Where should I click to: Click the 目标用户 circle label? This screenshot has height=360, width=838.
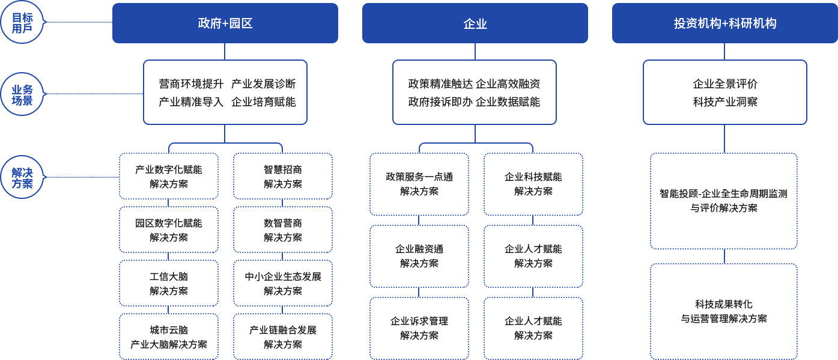[x=22, y=22]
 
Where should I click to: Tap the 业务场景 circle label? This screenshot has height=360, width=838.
[x=22, y=94]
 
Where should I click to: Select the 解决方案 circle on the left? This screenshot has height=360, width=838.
[x=22, y=177]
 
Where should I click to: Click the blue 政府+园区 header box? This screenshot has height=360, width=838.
[x=225, y=23]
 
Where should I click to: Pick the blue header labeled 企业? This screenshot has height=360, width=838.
[x=475, y=23]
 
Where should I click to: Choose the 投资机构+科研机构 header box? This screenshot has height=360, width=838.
[x=725, y=23]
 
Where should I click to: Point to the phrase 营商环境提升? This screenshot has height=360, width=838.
[x=191, y=84]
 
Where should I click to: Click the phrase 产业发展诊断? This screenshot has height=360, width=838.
[x=263, y=84]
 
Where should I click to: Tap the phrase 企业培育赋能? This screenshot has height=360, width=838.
[x=263, y=102]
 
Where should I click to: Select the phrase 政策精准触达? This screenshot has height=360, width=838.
[x=440, y=84]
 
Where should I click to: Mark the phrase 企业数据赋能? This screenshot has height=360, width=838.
[x=508, y=102]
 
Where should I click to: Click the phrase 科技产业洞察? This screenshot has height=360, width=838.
[x=725, y=102]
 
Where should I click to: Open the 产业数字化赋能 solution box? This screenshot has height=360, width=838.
[x=169, y=176]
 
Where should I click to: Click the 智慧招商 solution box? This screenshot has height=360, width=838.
[x=283, y=176]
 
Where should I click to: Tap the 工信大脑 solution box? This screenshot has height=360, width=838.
[x=169, y=283]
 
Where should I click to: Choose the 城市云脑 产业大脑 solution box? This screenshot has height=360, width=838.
[x=169, y=337]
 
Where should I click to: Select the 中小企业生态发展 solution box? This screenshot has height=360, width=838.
[x=283, y=283]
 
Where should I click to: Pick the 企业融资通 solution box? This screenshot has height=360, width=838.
[x=419, y=257]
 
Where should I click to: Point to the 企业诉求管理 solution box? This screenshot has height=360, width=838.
[x=419, y=329]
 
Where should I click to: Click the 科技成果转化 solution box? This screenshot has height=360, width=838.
[x=724, y=312]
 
